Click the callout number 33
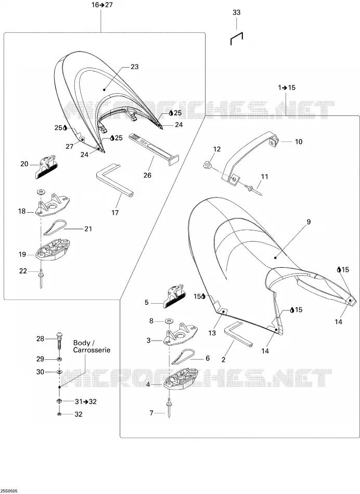tap(236, 12)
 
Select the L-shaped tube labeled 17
tap(114, 180)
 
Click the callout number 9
tap(308, 222)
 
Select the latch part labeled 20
tap(46, 166)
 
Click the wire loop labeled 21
tap(55, 227)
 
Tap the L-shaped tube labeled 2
tap(237, 334)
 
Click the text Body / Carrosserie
tap(92, 346)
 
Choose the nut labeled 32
tap(59, 414)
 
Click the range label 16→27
tap(102, 5)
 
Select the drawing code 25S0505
tap(9, 491)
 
